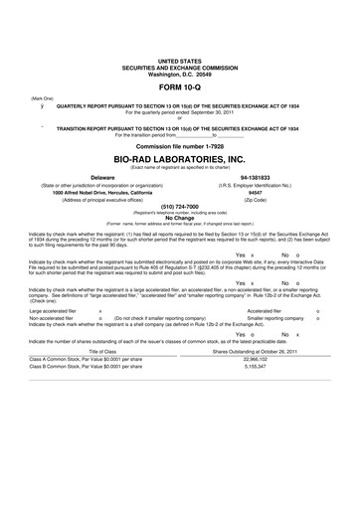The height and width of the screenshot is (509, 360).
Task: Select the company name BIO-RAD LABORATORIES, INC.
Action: click(179, 157)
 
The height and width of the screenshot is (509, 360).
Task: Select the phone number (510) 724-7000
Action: click(179, 209)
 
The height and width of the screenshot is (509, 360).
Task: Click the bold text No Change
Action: click(179, 217)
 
